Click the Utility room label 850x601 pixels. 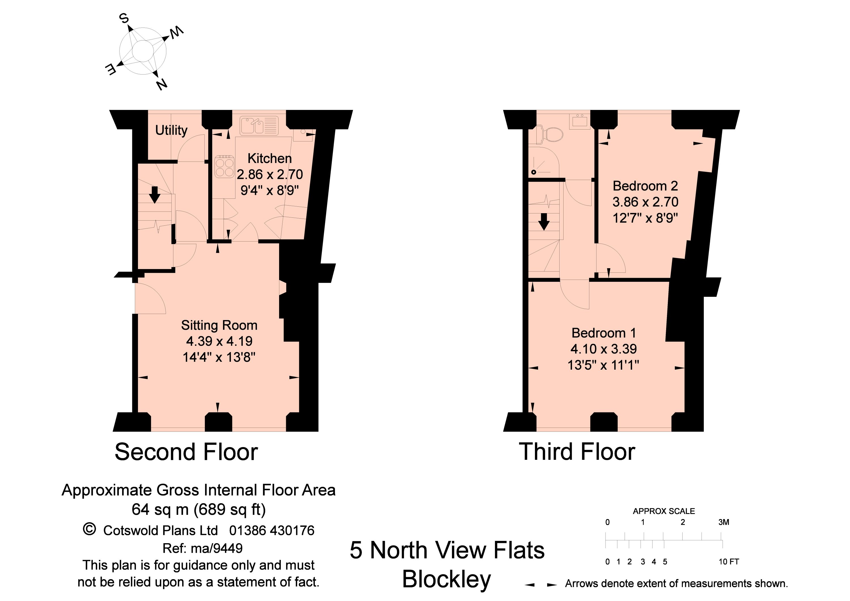[171, 130]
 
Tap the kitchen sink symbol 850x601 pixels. [259, 125]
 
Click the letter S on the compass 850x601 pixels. [124, 18]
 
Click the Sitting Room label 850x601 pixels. [219, 325]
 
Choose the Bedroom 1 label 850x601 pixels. [604, 333]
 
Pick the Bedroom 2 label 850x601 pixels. [645, 185]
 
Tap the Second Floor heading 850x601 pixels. [186, 452]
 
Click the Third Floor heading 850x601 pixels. [577, 452]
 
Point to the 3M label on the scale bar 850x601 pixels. [724, 522]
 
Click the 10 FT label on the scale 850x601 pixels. [728, 562]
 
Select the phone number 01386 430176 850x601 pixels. [272, 531]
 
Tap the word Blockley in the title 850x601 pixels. [447, 579]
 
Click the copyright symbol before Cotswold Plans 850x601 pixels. [89, 530]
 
